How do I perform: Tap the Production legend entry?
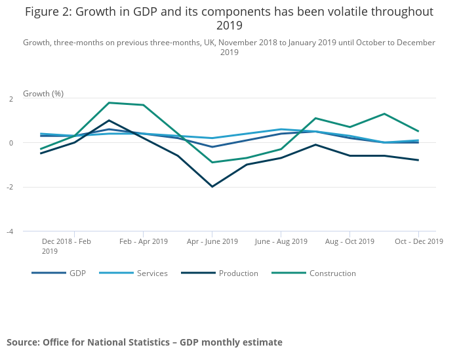pos(238,273)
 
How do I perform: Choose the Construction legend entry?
pos(332,273)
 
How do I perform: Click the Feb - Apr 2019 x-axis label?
pos(143,241)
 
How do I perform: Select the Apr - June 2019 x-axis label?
pos(212,241)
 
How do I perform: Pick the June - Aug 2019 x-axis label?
pos(281,241)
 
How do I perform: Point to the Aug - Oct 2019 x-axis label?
pos(349,241)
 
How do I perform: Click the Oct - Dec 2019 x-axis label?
pos(418,241)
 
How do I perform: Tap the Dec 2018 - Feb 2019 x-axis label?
pos(66,246)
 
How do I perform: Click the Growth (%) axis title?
pos(43,94)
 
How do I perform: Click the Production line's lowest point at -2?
pos(212,187)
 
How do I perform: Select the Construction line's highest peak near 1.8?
pos(109,103)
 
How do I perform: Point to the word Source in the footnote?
pos(23,342)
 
